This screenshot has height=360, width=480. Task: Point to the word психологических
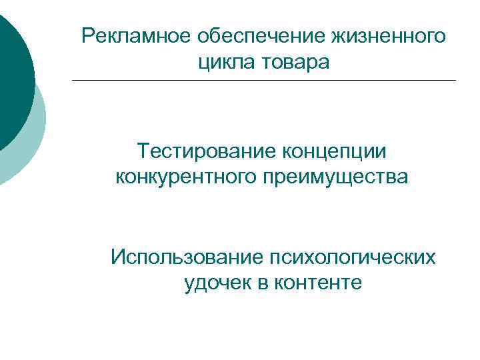pyautogui.click(x=353, y=257)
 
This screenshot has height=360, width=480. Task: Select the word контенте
pyautogui.click(x=318, y=283)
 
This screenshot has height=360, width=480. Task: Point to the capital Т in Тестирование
pyautogui.click(x=143, y=151)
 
